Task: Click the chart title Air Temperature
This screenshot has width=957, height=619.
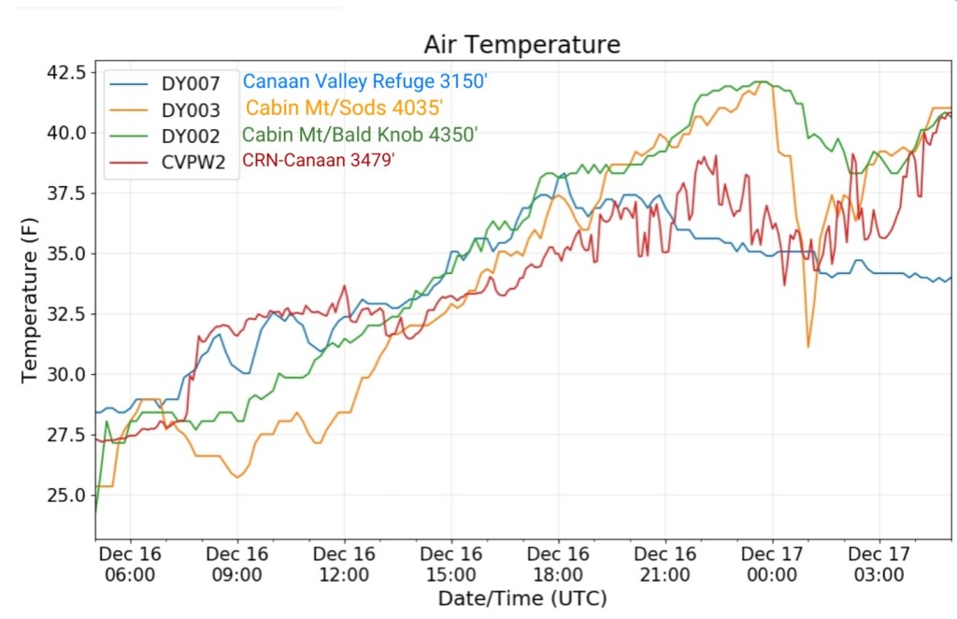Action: tap(521, 44)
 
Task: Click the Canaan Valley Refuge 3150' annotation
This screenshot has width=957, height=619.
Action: tap(365, 81)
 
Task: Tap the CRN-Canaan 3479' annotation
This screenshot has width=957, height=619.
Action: tap(319, 160)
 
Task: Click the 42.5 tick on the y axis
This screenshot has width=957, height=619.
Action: tap(66, 73)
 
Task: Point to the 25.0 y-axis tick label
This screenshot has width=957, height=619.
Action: tap(66, 495)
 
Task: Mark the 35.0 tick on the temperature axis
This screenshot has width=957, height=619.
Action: tap(66, 253)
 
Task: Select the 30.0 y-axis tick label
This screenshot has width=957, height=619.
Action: tap(66, 374)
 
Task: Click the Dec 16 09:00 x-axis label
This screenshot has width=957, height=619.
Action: tap(236, 563)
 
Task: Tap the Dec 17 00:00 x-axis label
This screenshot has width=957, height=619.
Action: tap(772, 563)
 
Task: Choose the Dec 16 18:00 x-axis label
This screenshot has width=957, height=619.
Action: tap(558, 563)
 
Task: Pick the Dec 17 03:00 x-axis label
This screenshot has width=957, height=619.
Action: tap(879, 563)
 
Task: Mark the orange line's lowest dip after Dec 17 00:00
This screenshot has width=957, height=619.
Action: tap(808, 347)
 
